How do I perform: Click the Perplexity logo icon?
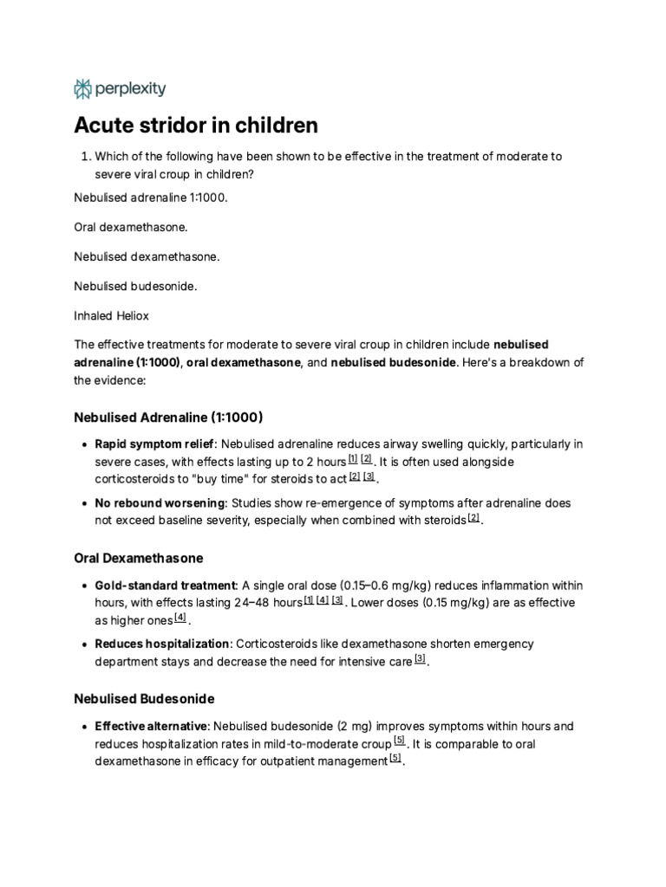click(82, 88)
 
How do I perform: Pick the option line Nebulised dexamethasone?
click(147, 256)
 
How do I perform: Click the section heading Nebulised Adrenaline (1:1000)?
click(168, 417)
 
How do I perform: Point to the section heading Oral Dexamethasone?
click(139, 558)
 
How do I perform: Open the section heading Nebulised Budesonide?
click(144, 698)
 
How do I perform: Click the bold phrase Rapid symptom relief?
click(153, 444)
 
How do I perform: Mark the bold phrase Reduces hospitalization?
click(158, 644)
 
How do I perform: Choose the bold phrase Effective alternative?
click(151, 726)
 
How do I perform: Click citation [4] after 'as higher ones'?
click(180, 618)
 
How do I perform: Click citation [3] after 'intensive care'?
click(420, 659)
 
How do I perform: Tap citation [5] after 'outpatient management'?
click(395, 760)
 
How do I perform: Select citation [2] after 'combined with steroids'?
click(473, 518)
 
